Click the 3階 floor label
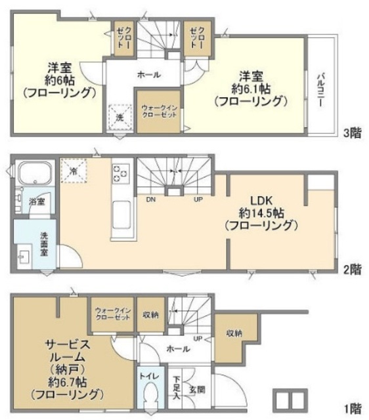click(x=352, y=133)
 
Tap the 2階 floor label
click(x=352, y=269)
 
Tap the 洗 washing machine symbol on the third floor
click(x=120, y=116)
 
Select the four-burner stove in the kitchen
click(x=120, y=173)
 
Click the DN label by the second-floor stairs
click(x=150, y=199)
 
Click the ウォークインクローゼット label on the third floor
click(x=158, y=112)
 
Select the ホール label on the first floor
click(x=175, y=349)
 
